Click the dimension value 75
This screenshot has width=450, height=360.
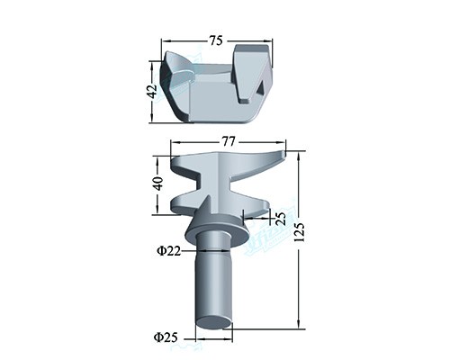216,40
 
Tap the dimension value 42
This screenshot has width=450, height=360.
153,91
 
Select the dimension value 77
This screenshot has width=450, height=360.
228,141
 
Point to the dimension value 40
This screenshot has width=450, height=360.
157,184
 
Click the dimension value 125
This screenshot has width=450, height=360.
299,232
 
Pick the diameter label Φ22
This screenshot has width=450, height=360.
169,250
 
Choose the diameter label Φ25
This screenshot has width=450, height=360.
166,337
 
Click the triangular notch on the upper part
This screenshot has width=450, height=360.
260,87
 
